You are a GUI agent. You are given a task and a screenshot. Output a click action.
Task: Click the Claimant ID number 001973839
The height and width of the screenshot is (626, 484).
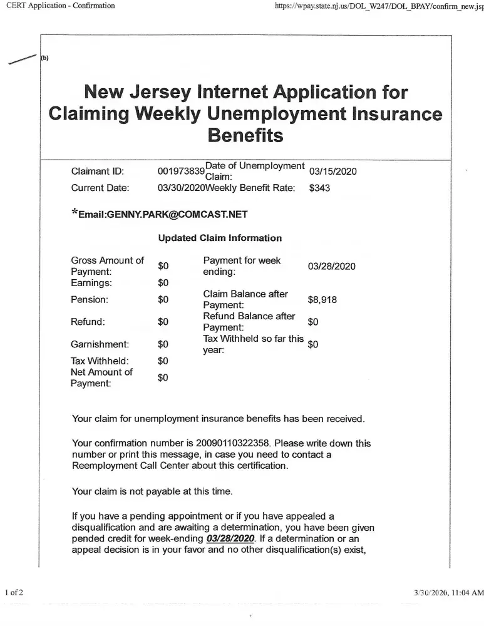click(x=181, y=172)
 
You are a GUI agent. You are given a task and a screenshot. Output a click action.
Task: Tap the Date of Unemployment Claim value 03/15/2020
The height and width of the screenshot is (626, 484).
click(x=332, y=172)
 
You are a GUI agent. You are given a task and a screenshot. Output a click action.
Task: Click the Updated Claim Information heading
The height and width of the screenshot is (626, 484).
click(x=220, y=238)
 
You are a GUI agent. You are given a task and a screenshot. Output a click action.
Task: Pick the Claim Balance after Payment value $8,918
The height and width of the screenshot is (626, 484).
click(x=322, y=300)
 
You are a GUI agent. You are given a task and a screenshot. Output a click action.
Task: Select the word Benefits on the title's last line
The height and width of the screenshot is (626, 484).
click(x=245, y=135)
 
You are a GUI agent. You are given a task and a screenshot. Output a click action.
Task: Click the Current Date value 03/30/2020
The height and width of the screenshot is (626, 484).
click(x=181, y=187)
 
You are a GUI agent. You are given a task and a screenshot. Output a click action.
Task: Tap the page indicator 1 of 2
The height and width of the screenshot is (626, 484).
click(x=14, y=592)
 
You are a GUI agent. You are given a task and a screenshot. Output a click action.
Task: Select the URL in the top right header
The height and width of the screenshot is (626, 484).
click(x=379, y=6)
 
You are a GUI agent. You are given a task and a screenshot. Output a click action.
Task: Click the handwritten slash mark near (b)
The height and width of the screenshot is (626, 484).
click(x=21, y=59)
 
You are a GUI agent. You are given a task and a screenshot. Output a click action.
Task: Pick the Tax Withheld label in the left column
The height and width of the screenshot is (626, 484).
click(x=100, y=361)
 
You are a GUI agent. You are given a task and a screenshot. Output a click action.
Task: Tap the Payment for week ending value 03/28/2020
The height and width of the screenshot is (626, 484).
click(x=332, y=266)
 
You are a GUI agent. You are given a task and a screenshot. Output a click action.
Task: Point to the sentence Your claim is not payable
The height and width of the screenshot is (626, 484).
click(x=152, y=491)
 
